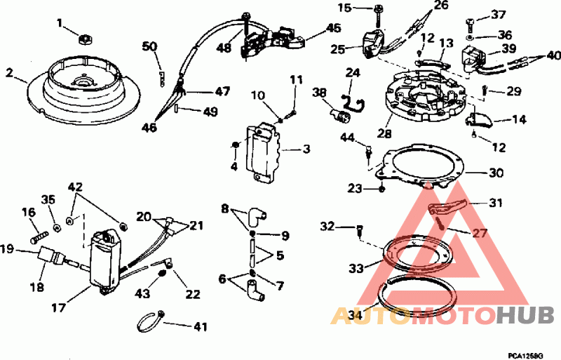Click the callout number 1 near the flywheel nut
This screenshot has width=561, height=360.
(60, 23)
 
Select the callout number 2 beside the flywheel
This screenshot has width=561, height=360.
(10, 72)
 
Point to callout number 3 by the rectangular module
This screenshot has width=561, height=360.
(306, 149)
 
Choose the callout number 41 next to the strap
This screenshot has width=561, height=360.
(200, 326)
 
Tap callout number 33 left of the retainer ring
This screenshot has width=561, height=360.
(357, 269)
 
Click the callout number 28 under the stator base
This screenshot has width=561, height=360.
(384, 133)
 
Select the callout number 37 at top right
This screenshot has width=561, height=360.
(498, 15)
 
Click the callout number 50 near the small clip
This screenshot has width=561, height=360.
(150, 46)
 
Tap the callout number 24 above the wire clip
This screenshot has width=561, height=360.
(352, 72)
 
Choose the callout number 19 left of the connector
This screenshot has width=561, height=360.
(8, 248)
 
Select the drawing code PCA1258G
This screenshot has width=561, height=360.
(525, 356)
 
